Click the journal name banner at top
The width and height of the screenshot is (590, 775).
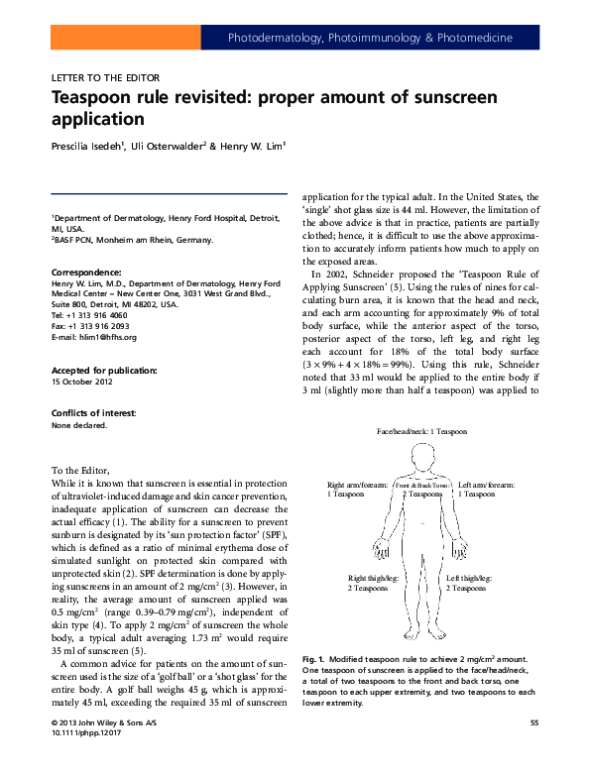[370, 39]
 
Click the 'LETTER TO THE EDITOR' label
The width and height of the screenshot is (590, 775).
[104, 77]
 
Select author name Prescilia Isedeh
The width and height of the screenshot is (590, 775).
[87, 147]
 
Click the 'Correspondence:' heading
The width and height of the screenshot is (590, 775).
[86, 271]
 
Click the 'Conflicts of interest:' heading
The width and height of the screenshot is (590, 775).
[94, 412]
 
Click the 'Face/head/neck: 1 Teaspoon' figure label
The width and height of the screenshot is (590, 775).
[420, 433]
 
